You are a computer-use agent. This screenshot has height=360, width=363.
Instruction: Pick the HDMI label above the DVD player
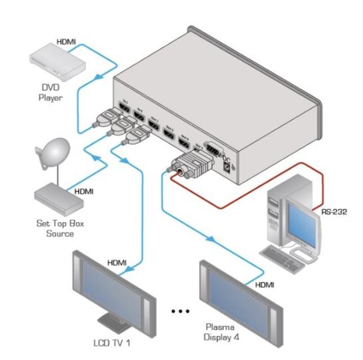(67, 42)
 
